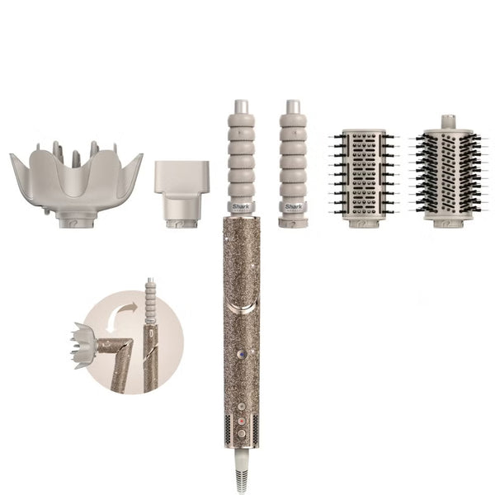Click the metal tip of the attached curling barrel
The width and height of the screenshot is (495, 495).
point(241,107)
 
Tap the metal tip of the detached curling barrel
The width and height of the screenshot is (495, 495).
point(292,107)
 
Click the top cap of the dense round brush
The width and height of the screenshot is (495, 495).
point(445,121)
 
